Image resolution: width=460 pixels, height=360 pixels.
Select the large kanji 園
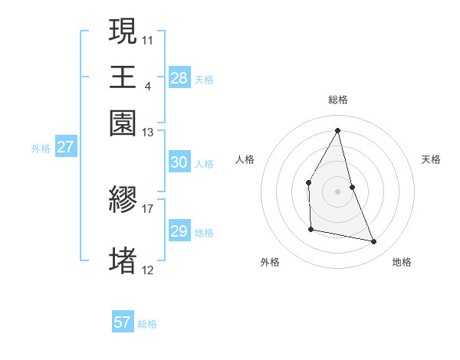123,123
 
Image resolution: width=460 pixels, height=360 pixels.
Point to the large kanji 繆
123,201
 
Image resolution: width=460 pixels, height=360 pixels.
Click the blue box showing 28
179,77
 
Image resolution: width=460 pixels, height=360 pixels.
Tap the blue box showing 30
179,162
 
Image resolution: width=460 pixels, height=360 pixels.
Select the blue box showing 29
179,231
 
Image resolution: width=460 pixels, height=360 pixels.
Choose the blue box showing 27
65,147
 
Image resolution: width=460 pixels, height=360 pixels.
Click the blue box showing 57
122,322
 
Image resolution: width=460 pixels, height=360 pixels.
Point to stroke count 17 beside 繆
148,208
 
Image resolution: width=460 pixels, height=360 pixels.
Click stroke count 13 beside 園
148,133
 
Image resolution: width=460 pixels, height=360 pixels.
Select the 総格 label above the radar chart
338,100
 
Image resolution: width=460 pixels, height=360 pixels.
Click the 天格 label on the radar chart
432,159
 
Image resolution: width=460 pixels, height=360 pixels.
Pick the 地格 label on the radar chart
402,262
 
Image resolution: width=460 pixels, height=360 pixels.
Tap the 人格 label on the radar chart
245,159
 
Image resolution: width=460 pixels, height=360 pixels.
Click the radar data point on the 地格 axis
374,241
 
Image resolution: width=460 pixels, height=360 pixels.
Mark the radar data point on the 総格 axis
338,130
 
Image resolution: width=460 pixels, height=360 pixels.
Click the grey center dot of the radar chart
338,191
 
